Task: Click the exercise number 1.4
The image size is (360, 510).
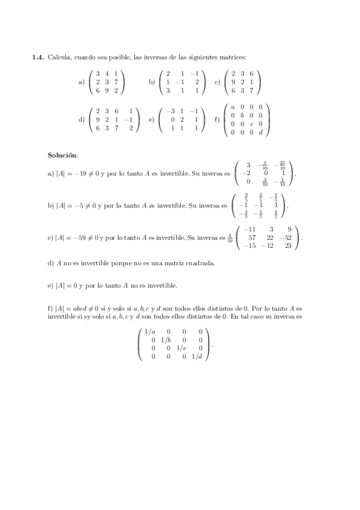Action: [x=38, y=57]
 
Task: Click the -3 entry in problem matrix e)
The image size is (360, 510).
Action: [x=171, y=111]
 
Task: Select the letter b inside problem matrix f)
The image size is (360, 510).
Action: [x=242, y=115]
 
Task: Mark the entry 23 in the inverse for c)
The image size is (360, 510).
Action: [x=288, y=245]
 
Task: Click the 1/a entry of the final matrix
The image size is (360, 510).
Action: [x=149, y=331]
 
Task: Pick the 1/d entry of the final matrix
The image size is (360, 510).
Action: [x=197, y=357]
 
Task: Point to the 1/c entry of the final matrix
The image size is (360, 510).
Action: [x=181, y=348]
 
